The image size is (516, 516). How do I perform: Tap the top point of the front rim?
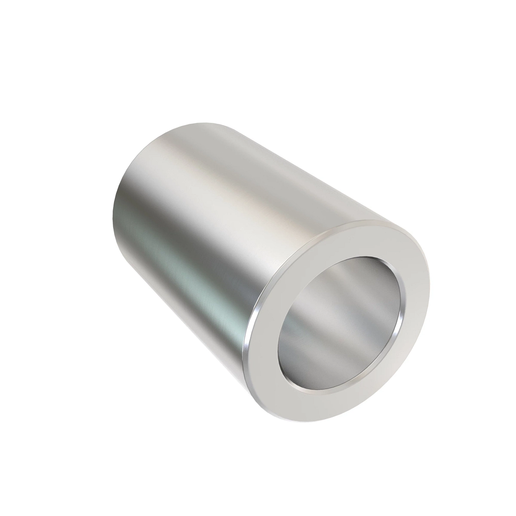coord(370,220)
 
